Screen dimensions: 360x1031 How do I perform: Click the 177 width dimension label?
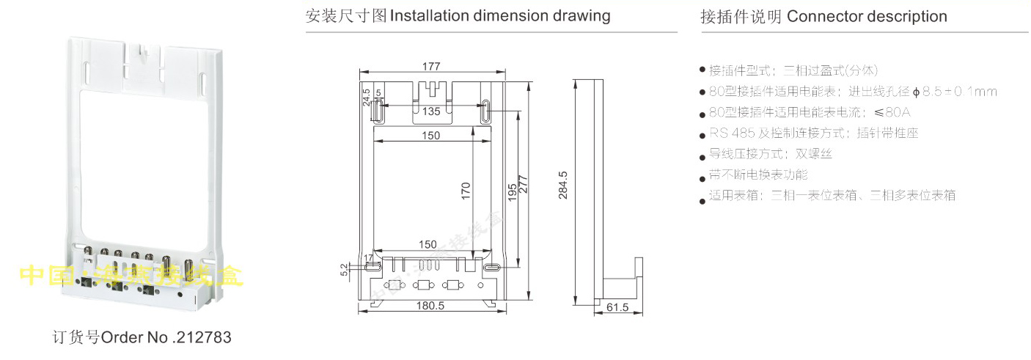(x=431, y=66)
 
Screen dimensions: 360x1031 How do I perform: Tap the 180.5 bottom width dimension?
(x=431, y=306)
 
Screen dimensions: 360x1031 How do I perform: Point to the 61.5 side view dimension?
(x=618, y=308)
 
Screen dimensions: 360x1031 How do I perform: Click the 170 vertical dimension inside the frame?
(x=466, y=191)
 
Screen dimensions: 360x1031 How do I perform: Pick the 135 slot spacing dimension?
(x=431, y=112)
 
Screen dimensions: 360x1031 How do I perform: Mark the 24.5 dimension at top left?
(x=367, y=98)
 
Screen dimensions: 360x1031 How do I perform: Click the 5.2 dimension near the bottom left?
(x=345, y=270)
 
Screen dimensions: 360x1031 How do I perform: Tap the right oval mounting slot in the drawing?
(x=486, y=112)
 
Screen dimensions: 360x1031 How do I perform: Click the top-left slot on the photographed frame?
(x=87, y=73)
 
